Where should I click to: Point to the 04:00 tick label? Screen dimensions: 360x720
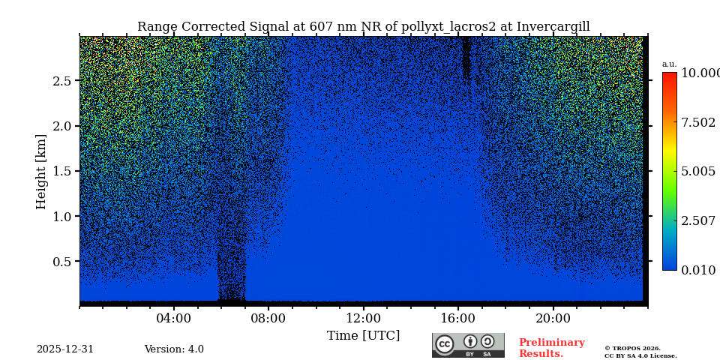click(174, 319)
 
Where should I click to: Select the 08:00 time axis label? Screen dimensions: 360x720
click(268, 319)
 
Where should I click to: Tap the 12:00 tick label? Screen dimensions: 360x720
click(363, 319)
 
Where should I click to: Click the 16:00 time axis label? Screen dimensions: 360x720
click(457, 319)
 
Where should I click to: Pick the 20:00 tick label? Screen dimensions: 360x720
click(553, 319)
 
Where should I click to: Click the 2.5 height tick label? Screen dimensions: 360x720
click(62, 81)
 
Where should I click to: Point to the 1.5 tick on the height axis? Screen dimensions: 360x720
click(62, 172)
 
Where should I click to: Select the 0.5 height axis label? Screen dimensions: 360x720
click(62, 262)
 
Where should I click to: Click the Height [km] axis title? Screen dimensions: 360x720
click(41, 172)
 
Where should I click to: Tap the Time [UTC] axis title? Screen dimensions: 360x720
click(363, 336)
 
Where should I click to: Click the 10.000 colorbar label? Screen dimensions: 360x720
click(700, 73)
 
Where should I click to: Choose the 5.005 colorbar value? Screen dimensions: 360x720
click(697, 172)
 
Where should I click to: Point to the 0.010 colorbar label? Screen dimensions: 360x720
click(697, 271)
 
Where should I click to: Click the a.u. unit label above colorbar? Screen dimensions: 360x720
click(669, 64)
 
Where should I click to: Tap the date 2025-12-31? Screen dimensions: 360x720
click(65, 349)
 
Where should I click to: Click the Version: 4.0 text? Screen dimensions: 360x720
click(174, 349)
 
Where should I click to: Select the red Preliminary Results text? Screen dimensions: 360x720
click(551, 348)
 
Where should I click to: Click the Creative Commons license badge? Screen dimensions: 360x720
click(468, 345)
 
